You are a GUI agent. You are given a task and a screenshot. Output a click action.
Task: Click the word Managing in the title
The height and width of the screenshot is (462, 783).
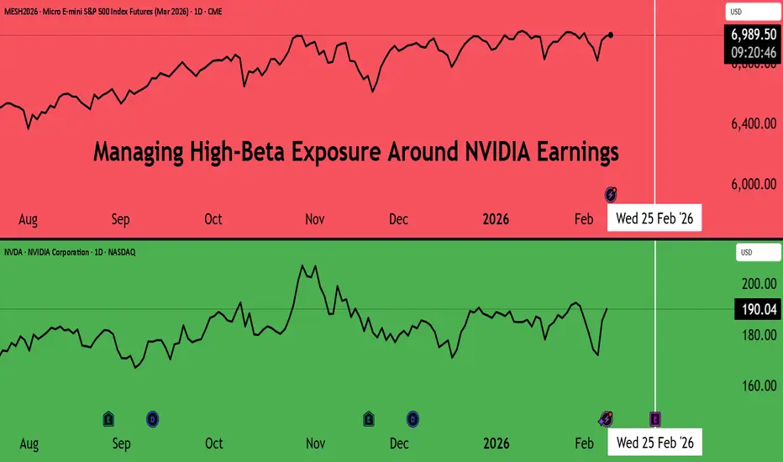click(x=135, y=154)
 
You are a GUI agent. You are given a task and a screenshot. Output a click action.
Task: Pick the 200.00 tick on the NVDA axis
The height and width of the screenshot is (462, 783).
click(x=757, y=284)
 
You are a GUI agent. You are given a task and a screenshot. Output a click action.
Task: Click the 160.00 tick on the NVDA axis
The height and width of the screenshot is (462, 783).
click(x=757, y=386)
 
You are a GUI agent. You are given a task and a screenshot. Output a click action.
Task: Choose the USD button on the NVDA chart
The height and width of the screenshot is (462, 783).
click(x=748, y=252)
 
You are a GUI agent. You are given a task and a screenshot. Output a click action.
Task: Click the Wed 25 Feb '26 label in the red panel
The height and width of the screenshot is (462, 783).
click(x=654, y=218)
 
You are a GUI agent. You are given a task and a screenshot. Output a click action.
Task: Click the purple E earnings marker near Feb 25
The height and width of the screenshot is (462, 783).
click(x=655, y=417)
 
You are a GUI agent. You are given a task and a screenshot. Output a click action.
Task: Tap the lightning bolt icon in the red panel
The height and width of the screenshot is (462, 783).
click(x=612, y=193)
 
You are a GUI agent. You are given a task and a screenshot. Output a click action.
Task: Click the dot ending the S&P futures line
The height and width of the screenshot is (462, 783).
click(x=611, y=34)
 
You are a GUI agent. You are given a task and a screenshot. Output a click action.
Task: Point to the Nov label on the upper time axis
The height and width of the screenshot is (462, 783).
click(x=314, y=219)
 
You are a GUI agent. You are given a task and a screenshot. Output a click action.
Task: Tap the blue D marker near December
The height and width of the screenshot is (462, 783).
click(x=413, y=417)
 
